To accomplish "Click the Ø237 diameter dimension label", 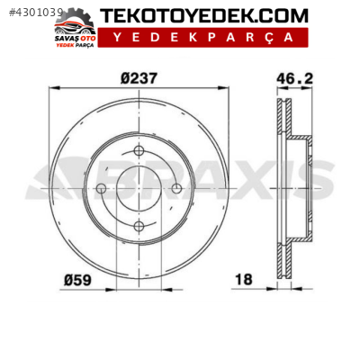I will pyautogui.click(x=139, y=77).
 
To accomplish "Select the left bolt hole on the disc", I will pyautogui.click(x=101, y=188).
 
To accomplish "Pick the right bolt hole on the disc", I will pyautogui.click(x=177, y=188).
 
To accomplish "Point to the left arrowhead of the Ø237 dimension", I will pyautogui.click(x=52, y=88).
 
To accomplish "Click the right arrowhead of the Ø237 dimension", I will pyautogui.click(x=226, y=88).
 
